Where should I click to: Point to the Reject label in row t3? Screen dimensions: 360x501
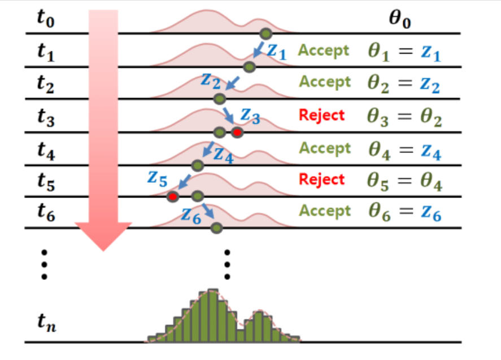coord(321,115)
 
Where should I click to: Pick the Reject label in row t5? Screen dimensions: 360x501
coord(321,179)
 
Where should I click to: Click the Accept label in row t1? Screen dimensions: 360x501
coord(324,51)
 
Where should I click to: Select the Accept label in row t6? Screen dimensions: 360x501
coord(324,211)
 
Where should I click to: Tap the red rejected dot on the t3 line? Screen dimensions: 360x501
coord(237,133)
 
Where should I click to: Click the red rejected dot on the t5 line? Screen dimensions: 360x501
coord(173,196)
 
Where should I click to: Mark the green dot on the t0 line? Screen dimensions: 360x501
coord(265,33)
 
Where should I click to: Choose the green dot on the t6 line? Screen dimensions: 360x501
coord(215,227)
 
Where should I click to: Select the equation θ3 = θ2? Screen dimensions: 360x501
coord(404,117)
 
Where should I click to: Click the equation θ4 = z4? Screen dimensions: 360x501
coord(404,150)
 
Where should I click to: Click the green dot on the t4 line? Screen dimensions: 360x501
coord(197,165)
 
